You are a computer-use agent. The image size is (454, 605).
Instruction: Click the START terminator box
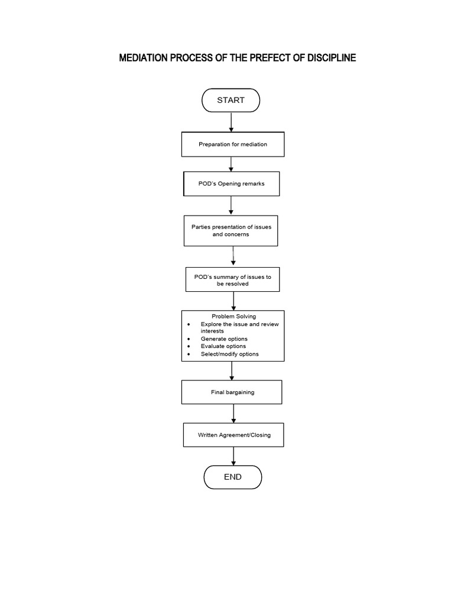231,100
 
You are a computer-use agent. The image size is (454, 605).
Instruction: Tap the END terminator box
232,477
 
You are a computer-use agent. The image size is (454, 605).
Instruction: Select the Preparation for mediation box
232,144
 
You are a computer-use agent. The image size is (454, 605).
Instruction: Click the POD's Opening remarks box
231,184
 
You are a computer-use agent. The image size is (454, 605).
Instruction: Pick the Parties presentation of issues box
231,230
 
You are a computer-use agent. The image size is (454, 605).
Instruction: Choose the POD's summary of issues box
232,280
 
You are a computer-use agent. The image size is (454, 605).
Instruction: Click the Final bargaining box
232,392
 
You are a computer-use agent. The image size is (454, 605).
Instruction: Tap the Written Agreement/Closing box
234,435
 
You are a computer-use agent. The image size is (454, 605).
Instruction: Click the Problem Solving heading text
234,317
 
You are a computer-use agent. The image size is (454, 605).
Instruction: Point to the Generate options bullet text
224,339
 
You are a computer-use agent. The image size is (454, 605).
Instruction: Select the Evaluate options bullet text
223,346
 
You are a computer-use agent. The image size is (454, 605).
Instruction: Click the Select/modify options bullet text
229,354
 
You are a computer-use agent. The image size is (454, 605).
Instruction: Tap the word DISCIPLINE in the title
330,58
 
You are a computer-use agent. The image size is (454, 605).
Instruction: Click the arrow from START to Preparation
231,122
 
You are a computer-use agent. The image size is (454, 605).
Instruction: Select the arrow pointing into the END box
234,456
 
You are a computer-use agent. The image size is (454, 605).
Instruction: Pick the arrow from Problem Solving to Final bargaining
232,370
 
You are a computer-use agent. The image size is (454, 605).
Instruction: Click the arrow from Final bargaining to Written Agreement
234,413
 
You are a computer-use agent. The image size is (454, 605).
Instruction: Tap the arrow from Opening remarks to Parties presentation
231,206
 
